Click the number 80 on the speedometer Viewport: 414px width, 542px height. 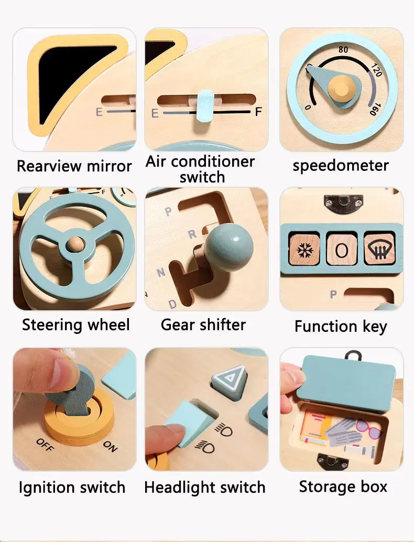(343, 49)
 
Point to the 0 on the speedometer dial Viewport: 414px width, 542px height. (308, 107)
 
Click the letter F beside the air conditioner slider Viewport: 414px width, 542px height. (258, 112)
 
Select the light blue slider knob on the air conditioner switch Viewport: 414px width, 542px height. (205, 106)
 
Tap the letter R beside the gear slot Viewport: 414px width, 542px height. (192, 235)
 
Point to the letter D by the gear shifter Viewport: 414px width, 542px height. (172, 304)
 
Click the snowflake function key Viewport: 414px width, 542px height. (304, 250)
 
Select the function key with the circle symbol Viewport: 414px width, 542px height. (342, 250)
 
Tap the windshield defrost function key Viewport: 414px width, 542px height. (379, 249)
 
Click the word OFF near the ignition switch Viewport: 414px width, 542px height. (45, 445)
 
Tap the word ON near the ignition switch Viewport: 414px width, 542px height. (110, 446)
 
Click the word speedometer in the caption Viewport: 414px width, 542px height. (341, 166)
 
